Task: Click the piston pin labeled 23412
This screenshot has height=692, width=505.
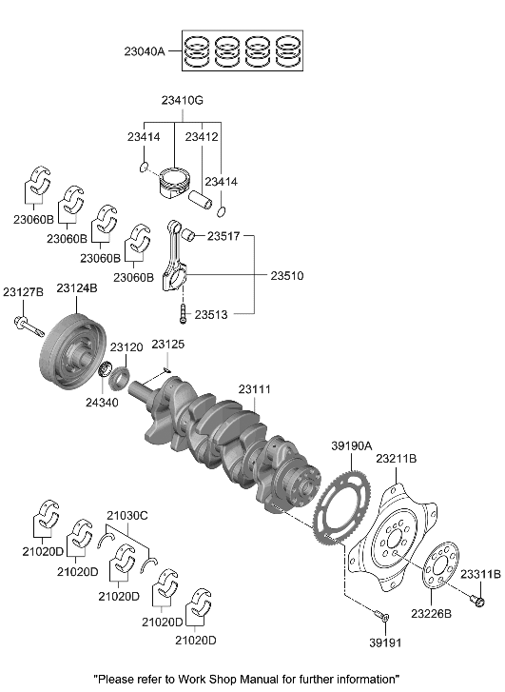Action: (x=204, y=201)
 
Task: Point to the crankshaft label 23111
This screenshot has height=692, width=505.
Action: (x=255, y=390)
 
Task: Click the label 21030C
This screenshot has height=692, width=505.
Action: (x=127, y=515)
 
